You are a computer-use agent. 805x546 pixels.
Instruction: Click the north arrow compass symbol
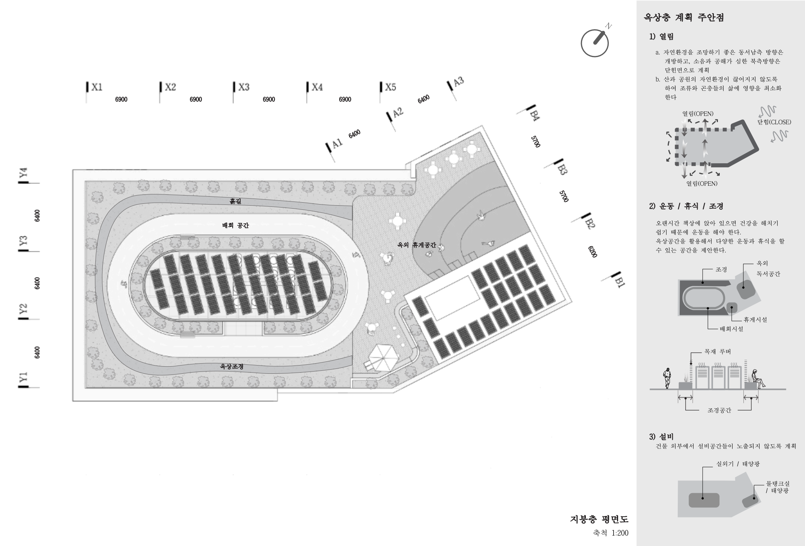(x=594, y=43)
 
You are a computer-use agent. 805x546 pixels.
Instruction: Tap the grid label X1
(x=96, y=87)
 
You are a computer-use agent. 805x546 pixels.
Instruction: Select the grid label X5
(x=390, y=87)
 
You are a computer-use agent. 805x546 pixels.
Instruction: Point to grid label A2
(x=398, y=112)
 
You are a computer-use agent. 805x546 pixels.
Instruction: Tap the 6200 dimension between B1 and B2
(x=593, y=251)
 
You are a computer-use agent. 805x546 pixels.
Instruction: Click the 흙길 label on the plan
(x=235, y=202)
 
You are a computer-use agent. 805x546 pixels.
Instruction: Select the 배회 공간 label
(x=235, y=226)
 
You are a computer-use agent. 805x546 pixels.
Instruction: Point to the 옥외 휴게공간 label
(x=417, y=245)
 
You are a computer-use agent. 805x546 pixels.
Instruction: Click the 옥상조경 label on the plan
(x=232, y=366)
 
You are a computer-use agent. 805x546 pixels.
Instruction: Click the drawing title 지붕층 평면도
(x=599, y=519)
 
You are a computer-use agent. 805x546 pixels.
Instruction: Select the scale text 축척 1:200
(x=611, y=533)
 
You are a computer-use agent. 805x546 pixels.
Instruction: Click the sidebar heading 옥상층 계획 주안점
(x=684, y=18)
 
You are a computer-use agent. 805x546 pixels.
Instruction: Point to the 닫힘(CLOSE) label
(x=774, y=122)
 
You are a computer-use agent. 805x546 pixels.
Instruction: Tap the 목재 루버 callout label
(x=717, y=352)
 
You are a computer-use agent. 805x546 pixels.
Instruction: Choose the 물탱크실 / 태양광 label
(x=777, y=487)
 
